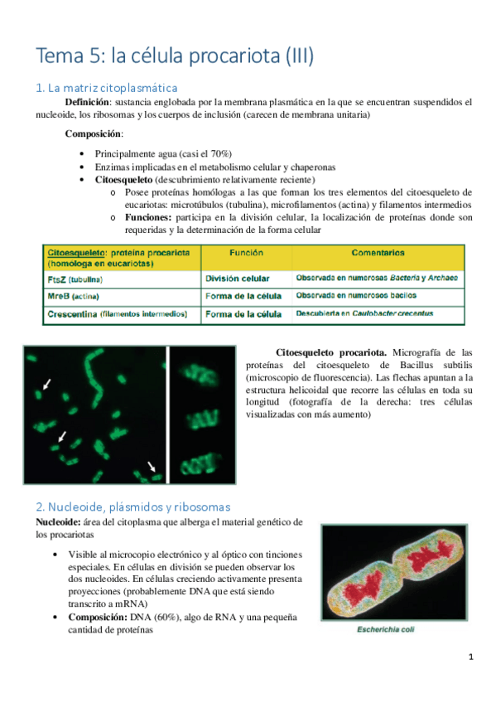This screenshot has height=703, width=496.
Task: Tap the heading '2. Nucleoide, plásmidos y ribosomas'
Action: [x=132, y=506]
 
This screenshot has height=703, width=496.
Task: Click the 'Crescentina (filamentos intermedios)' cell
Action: [x=118, y=313]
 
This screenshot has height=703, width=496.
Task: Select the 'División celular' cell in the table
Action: [x=238, y=279]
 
